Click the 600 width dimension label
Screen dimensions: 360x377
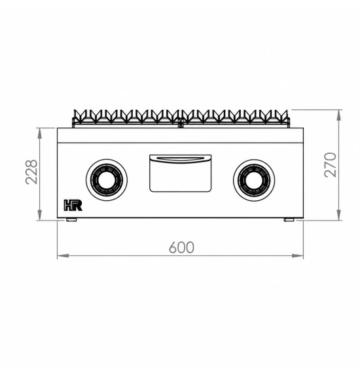coord(181,247)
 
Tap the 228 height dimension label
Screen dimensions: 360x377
coord(31,172)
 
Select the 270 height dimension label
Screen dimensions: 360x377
coord(330,165)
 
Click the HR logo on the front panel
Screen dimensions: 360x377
coord(73,205)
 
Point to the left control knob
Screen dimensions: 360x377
coord(107,179)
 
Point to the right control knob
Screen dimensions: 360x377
coord(254,179)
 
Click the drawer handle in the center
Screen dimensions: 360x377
coord(181,158)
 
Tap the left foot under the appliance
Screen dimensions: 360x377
coord(71,220)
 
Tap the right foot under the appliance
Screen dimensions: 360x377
coord(289,220)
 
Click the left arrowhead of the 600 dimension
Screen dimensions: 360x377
coord(63,255)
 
